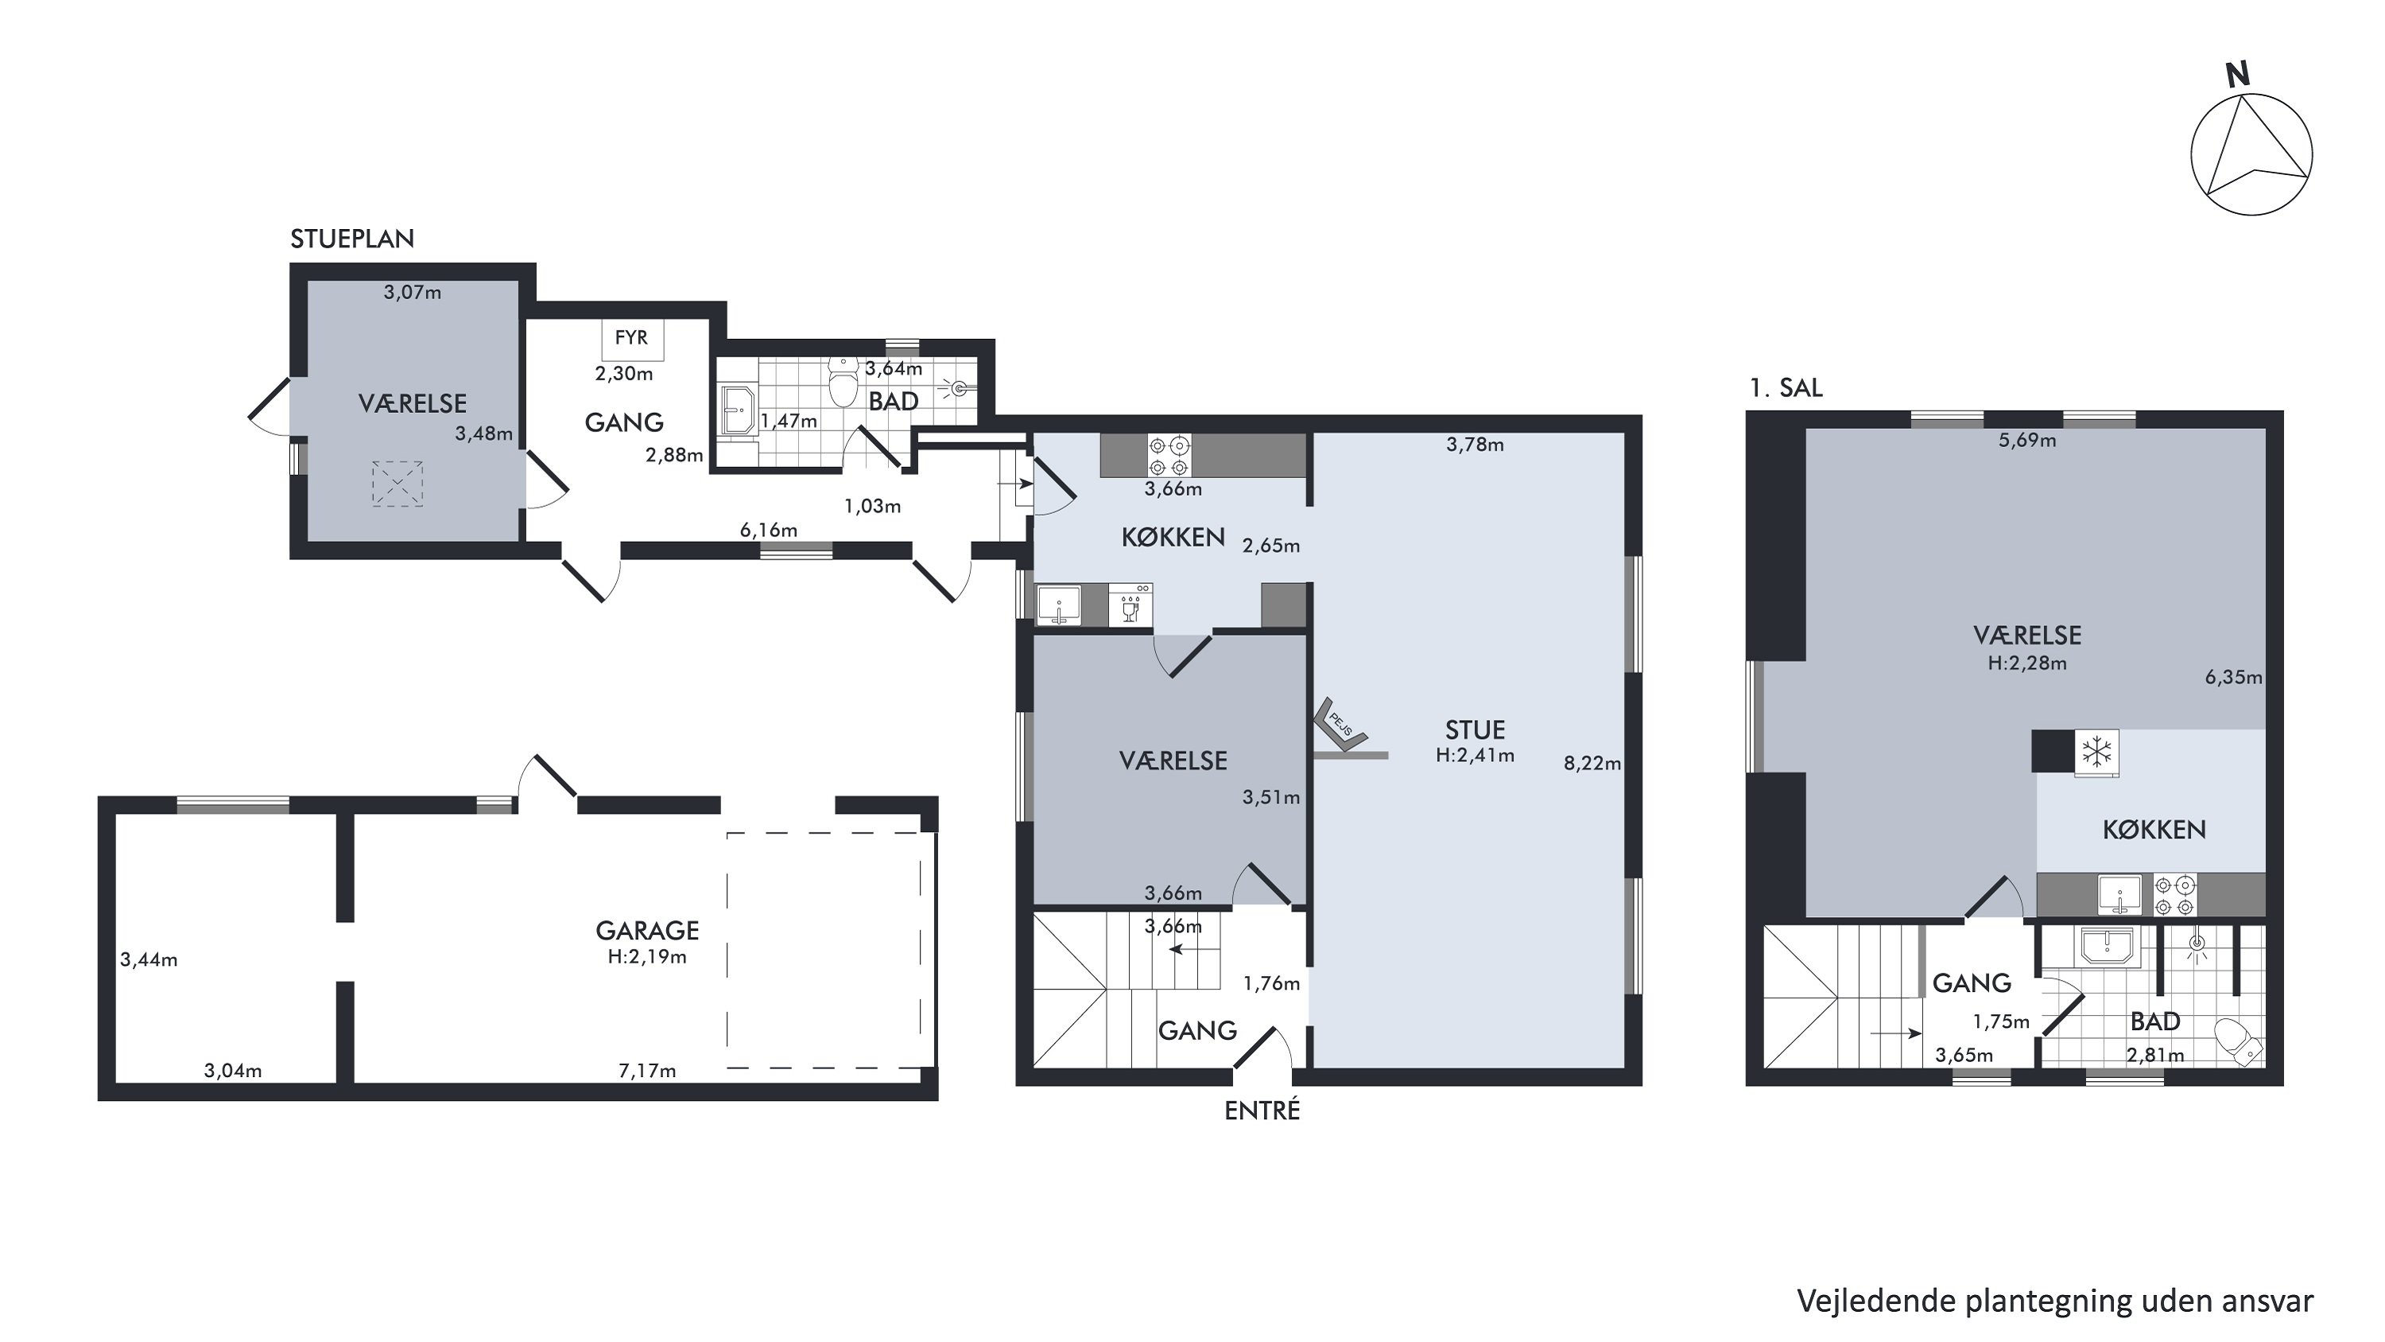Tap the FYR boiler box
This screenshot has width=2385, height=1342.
(x=632, y=339)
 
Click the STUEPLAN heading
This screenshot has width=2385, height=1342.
(x=352, y=239)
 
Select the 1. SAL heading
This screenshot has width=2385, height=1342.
(x=1786, y=387)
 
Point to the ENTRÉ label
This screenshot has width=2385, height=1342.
(x=1262, y=1110)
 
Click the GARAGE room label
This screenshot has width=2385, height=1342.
(x=647, y=930)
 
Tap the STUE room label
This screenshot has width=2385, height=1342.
(x=1475, y=729)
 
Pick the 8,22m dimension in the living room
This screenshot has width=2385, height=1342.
(x=1592, y=764)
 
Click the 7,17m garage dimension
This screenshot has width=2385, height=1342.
(x=647, y=1071)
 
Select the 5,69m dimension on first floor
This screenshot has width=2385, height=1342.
(x=2026, y=441)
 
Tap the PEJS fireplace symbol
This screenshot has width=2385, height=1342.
(x=1340, y=722)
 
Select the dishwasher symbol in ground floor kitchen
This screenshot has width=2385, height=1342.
(x=1130, y=605)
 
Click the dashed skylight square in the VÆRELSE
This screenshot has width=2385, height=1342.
(x=397, y=484)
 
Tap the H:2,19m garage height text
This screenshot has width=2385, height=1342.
(x=647, y=958)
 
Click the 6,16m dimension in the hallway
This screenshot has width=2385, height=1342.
(x=769, y=531)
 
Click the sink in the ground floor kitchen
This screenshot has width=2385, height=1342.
(x=1058, y=605)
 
